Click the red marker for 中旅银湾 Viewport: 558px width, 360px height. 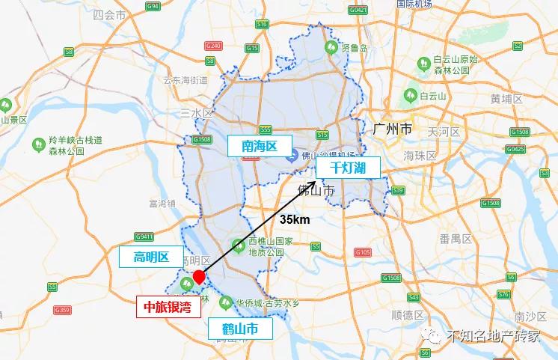199,278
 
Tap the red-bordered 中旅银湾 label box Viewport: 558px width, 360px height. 168,305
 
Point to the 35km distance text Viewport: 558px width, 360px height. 295,221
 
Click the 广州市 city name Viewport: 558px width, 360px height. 392,129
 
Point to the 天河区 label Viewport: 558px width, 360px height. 442,131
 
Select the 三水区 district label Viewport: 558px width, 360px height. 197,112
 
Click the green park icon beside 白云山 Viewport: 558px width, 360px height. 409,95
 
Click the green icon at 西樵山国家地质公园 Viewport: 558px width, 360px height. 237,243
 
